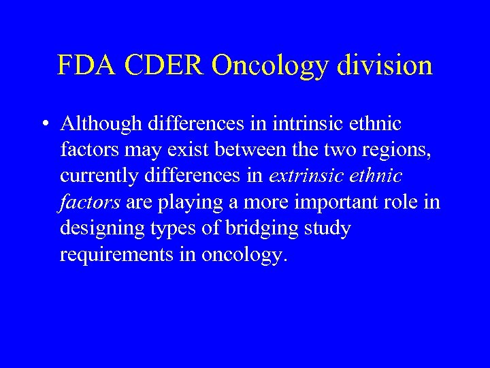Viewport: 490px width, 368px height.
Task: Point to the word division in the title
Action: (386, 65)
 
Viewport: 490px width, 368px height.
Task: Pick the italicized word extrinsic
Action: (308, 177)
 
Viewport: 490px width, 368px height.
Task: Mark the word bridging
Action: (260, 228)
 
